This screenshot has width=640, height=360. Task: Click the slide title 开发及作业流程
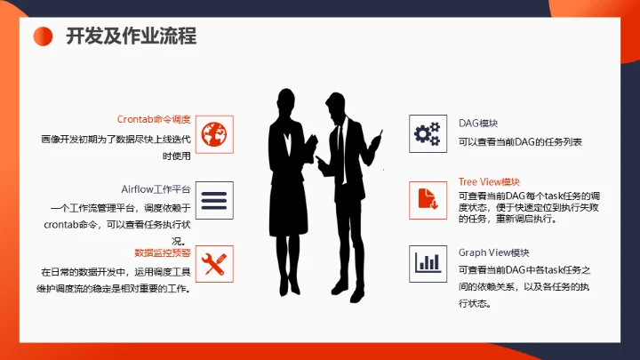132,36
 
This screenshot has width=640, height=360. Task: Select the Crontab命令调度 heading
154,119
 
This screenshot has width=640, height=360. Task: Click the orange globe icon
213,134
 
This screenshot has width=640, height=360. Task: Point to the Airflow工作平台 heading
156,189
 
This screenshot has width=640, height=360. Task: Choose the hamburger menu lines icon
213,201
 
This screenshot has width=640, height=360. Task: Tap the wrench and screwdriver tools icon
213,264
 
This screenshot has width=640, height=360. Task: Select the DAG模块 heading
477,123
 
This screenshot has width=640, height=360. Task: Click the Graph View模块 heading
493,252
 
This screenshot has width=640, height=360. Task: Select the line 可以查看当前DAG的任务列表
520,142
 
